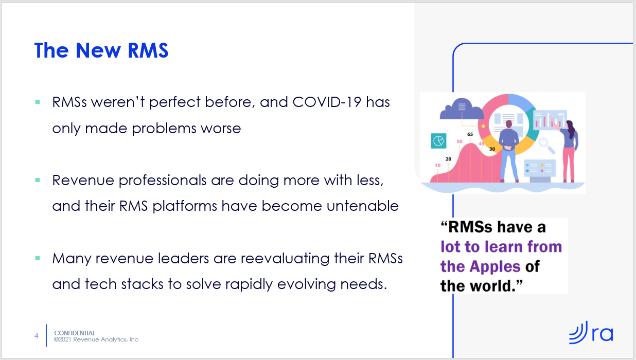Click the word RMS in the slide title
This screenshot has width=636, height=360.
coord(148,50)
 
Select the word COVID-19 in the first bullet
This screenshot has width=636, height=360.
coord(327,102)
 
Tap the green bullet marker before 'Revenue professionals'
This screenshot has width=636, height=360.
coord(38,180)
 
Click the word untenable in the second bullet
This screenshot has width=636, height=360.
coord(362,206)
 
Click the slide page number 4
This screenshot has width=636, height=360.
coord(37,336)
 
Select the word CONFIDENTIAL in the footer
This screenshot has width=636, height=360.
coord(75,333)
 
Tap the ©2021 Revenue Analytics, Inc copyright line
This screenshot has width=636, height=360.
coord(96,339)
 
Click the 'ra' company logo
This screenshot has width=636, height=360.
coord(591,332)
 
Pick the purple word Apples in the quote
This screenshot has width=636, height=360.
coord(494,267)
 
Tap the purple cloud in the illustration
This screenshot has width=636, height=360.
coord(462,110)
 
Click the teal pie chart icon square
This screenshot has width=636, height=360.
coord(438,141)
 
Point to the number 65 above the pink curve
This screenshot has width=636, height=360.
coord(470,134)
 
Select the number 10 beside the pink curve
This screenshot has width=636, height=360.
coord(437,166)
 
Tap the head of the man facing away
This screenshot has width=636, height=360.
coord(509,124)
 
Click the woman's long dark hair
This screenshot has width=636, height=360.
coord(571,129)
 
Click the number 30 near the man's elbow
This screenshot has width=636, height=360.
coord(492,149)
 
